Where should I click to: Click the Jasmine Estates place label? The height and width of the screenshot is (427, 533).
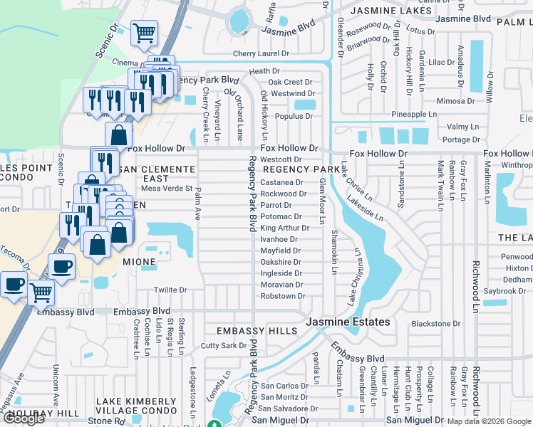[348, 322]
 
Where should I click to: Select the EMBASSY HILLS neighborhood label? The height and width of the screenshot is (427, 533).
[257, 332]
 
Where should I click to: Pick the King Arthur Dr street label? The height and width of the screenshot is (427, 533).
[284, 228]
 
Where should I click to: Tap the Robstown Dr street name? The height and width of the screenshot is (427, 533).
[283, 296]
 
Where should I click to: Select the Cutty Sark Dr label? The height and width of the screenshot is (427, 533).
[223, 345]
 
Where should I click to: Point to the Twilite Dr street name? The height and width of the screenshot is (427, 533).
[170, 290]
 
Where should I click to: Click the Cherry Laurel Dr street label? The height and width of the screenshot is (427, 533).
[263, 54]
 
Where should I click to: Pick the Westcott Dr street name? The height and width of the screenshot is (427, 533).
[281, 159]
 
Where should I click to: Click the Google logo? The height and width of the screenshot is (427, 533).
[24, 418]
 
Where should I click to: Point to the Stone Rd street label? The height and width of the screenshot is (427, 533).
[104, 421]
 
